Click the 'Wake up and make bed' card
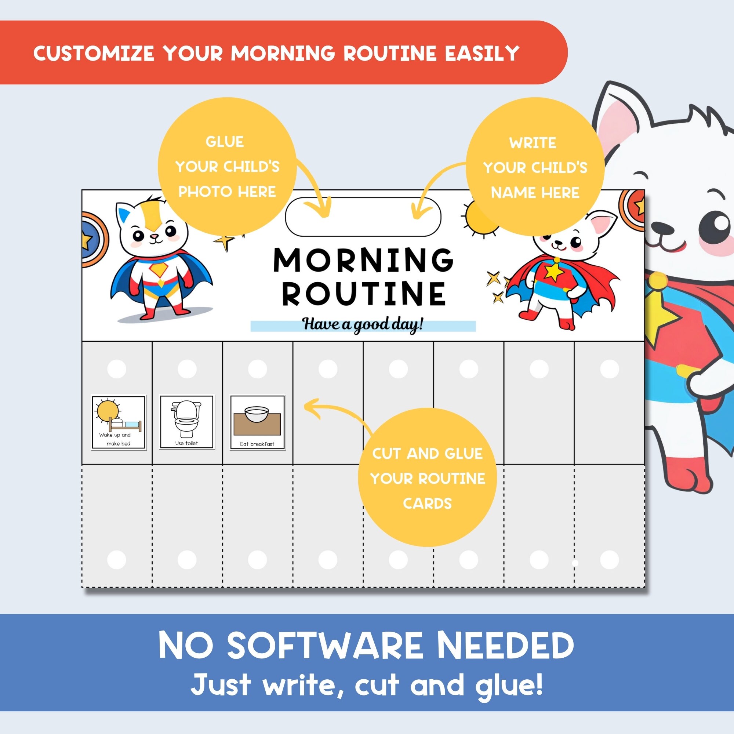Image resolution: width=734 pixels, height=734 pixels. coord(119,422)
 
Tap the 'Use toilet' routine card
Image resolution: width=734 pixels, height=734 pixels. coord(186,422)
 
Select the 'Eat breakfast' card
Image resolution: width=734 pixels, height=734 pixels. coord(257,422)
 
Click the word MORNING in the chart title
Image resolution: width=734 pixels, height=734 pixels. coord(363,260)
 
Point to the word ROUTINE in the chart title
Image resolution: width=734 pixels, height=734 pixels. coord(364,294)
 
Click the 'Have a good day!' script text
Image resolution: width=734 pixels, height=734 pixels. coord(363,324)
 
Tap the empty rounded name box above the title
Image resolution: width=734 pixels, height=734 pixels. coord(363,217)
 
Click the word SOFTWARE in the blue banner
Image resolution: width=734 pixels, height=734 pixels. coord(325,646)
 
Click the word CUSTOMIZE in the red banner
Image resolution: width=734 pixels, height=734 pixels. coord(94,53)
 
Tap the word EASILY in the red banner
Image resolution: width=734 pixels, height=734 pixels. coord(482,53)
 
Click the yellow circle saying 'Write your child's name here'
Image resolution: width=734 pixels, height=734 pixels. coord(535,167)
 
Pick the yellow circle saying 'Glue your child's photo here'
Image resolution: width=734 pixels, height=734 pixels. coord(227,166)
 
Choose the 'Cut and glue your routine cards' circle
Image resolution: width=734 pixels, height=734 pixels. coord(427,478)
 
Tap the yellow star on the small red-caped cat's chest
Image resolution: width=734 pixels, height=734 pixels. coord(553,272)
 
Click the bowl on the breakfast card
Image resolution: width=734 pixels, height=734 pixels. coord(257,413)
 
